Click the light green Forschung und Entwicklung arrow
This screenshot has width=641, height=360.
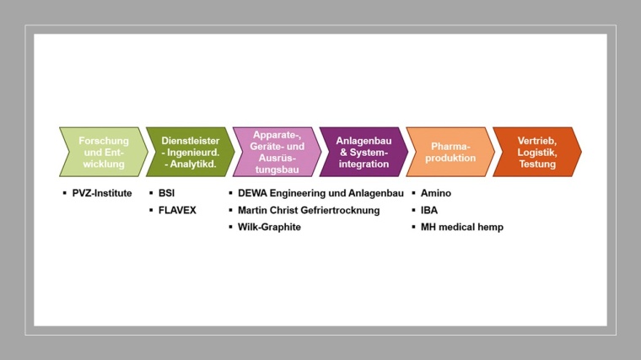(102, 152)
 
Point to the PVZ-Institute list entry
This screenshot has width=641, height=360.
(102, 193)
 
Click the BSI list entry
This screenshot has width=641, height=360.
(166, 193)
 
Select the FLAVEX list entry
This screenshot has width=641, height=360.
(177, 210)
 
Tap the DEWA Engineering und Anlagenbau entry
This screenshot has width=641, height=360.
(310, 193)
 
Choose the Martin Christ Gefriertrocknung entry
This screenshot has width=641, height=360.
(309, 210)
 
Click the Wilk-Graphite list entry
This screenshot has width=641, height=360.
(269, 227)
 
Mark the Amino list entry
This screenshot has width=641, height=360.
(436, 193)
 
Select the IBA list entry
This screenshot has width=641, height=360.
(429, 210)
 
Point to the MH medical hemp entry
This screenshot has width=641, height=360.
(462, 227)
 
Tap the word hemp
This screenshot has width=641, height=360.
(492, 227)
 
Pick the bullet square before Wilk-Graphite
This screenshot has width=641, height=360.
(230, 227)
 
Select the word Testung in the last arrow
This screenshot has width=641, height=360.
(537, 164)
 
